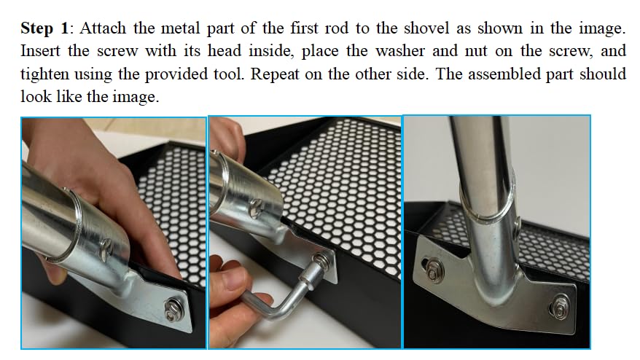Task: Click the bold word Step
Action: point(36,29)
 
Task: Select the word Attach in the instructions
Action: point(103,28)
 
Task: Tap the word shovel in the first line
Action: point(424,28)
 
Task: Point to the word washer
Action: point(399,51)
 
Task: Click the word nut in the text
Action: point(476,52)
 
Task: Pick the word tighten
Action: point(45,74)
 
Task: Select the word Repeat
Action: point(275,74)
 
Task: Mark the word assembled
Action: point(504,74)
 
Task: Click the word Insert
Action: point(40,51)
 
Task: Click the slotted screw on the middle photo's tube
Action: point(257,208)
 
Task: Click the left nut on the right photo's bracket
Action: point(434,270)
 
